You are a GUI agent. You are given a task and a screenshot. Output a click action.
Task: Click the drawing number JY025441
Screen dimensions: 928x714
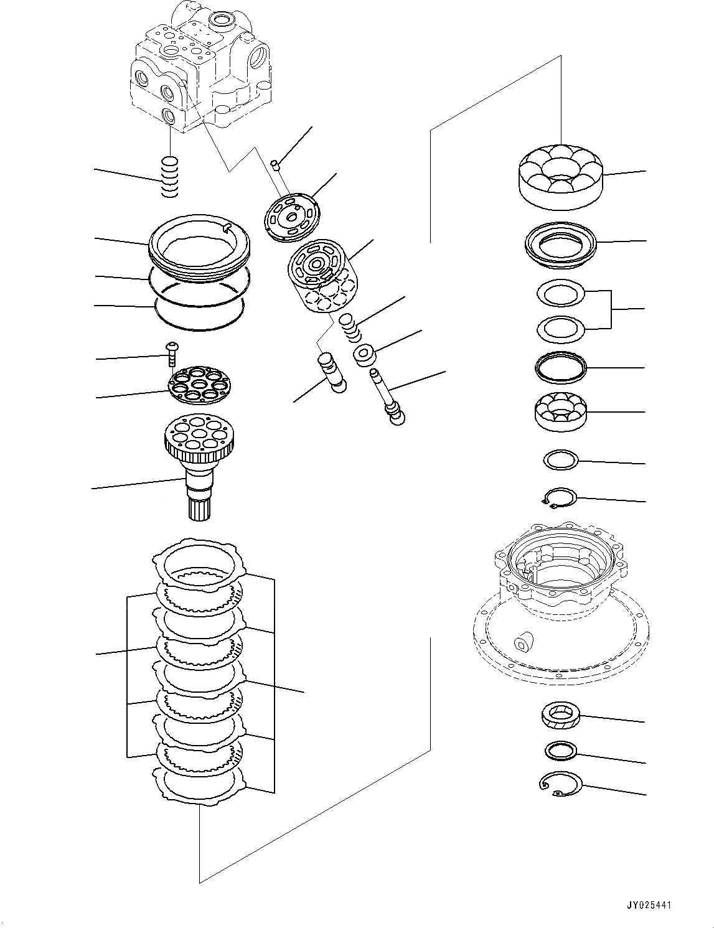(651, 906)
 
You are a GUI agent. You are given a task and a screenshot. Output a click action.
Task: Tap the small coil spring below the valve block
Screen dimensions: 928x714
(169, 178)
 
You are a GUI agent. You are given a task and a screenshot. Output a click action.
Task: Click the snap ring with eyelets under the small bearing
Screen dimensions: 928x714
(558, 498)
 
